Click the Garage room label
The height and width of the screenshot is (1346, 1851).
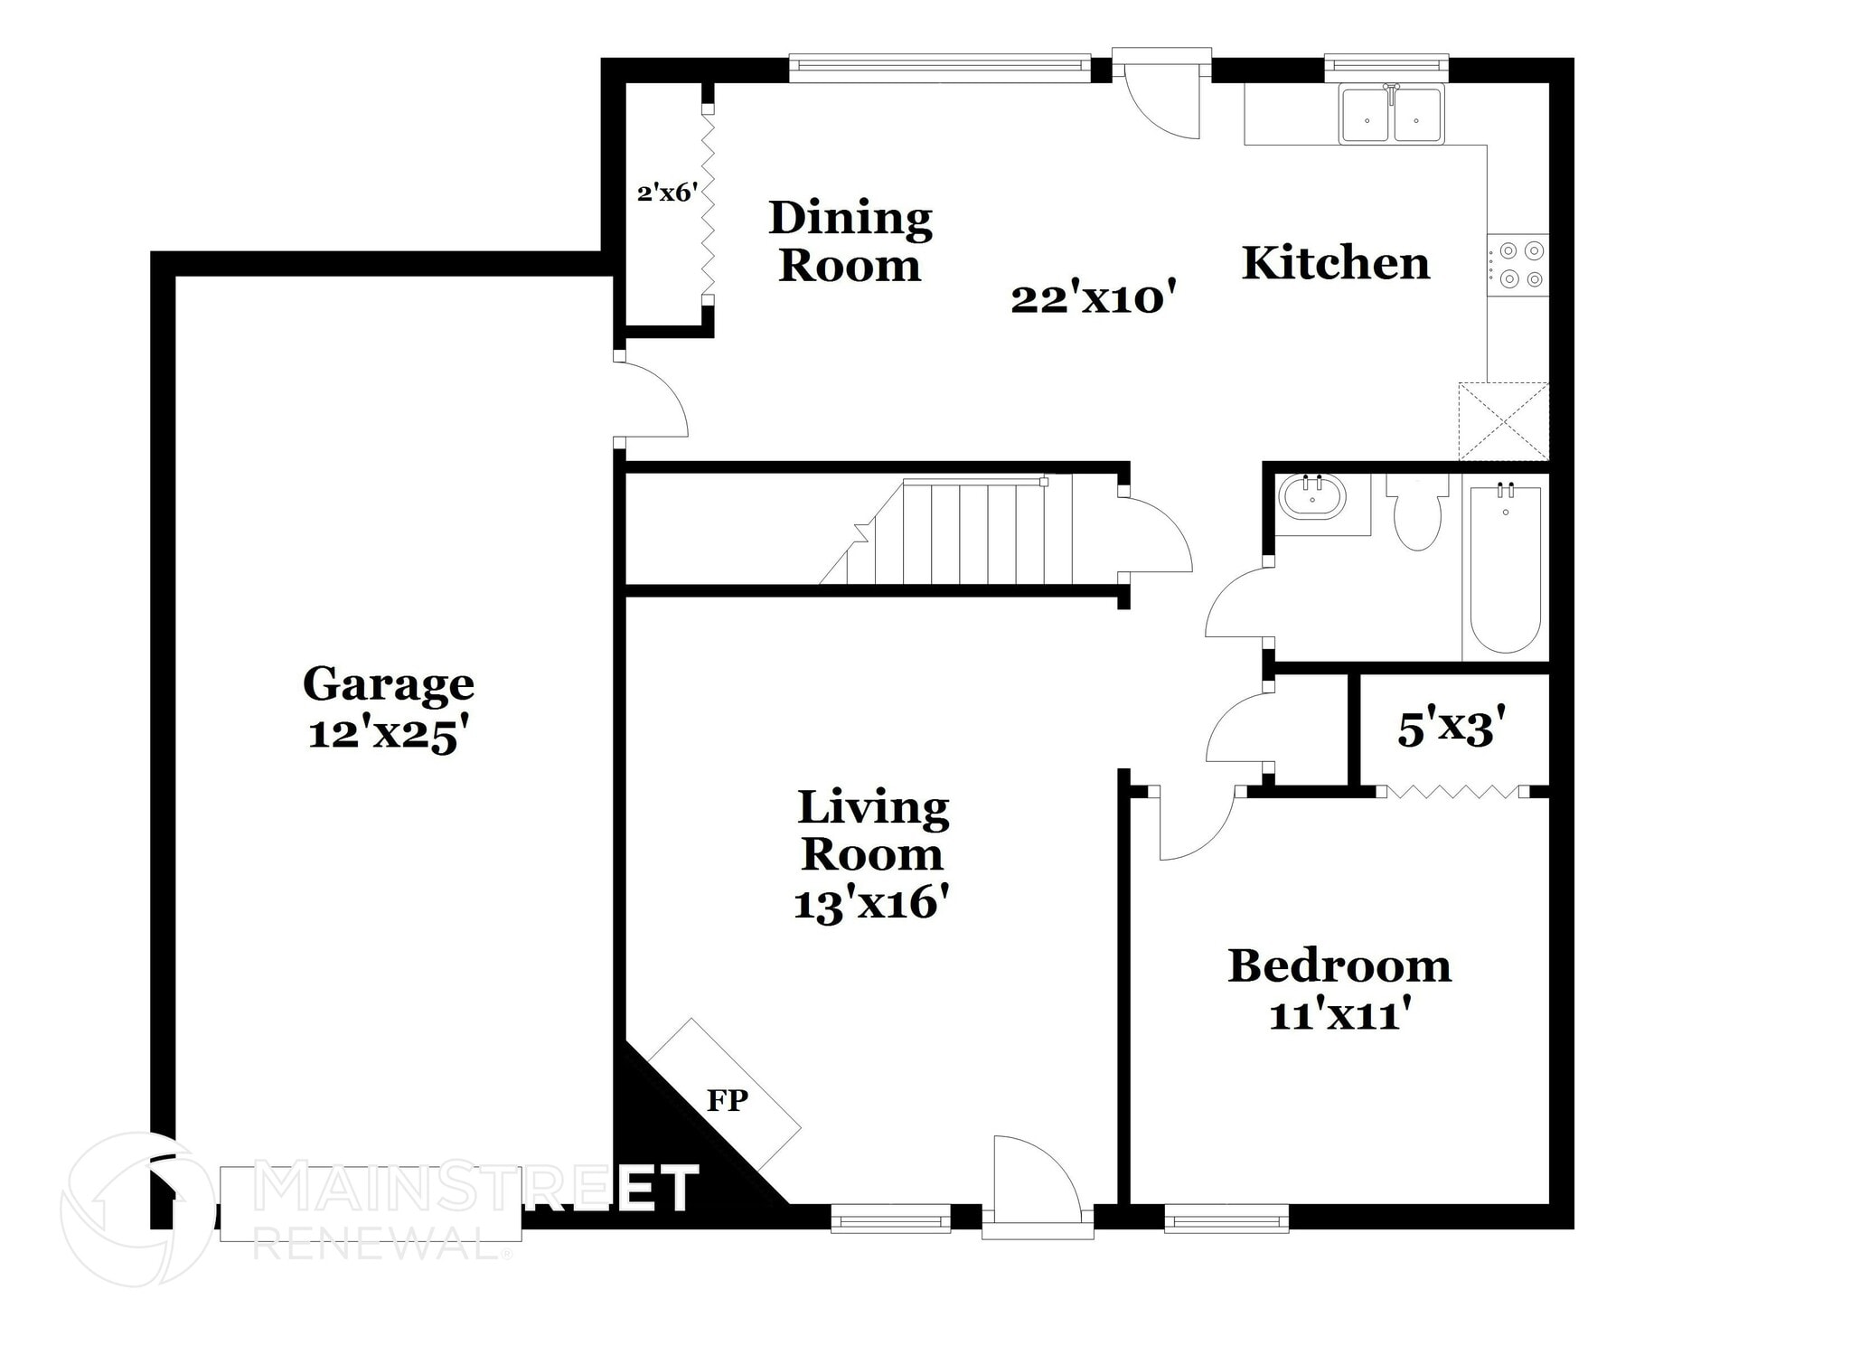(x=388, y=684)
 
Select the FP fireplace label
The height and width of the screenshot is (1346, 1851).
(x=727, y=1100)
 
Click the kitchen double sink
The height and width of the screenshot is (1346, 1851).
(x=1392, y=116)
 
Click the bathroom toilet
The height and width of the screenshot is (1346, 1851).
(x=1417, y=515)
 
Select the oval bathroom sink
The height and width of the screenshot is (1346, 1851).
(x=1311, y=496)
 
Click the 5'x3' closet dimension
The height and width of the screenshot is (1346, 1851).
(x=1452, y=729)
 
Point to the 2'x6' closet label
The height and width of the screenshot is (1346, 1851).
(x=666, y=193)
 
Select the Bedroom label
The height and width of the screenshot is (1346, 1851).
(x=1339, y=965)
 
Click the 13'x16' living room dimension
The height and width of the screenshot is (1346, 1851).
(x=871, y=903)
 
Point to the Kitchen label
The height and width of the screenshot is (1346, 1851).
(x=1335, y=263)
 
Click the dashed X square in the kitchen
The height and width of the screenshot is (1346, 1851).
(x=1503, y=421)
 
